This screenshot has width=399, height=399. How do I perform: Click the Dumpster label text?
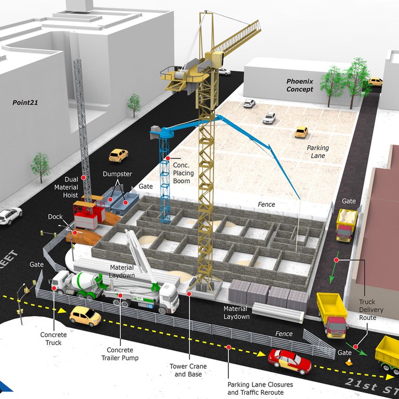tap(117, 174)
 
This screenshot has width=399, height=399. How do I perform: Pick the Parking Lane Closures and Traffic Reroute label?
tap(260, 388)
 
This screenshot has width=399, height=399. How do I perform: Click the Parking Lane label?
tap(318, 152)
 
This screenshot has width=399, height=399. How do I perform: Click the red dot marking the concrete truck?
tap(54, 288)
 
